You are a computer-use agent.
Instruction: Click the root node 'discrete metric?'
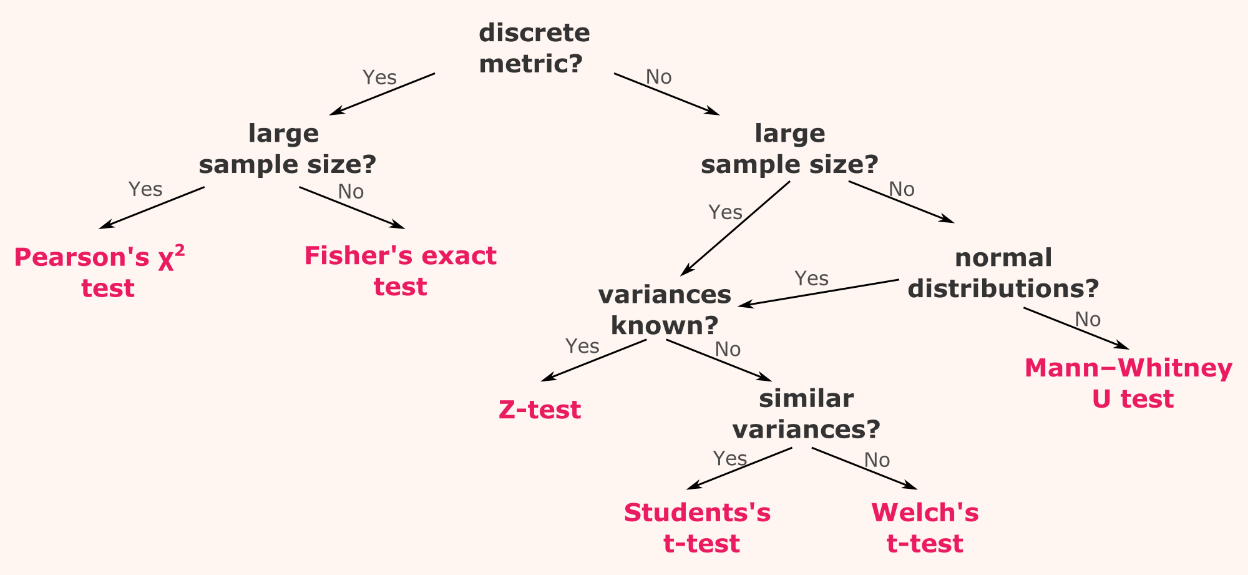pos(534,48)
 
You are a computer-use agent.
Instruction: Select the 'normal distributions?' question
pos(1003,273)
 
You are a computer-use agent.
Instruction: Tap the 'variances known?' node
pos(665,310)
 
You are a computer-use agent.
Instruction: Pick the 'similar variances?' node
pos(806,413)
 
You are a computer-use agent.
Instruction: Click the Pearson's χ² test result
pos(100,272)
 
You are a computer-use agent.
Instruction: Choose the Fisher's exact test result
pos(401,271)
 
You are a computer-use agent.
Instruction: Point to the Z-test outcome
pos(540,410)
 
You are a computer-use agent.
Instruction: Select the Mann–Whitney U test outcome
pos(1129,383)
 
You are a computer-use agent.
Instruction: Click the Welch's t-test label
pos(925,528)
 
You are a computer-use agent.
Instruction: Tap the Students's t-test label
pos(698,528)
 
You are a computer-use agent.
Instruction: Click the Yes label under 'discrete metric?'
pos(379,77)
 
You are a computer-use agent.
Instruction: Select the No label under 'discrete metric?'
pos(659,77)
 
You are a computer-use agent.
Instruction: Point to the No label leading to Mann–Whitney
pos(1088,319)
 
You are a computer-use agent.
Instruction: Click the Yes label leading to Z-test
pos(582,346)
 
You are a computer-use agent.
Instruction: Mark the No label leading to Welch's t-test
pos(877,460)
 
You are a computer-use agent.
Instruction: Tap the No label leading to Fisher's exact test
pos(351,192)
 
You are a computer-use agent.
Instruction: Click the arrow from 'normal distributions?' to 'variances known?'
pos(819,293)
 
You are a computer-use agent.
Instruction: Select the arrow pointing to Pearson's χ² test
pos(152,207)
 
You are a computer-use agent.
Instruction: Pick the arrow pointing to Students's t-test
pos(739,468)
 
